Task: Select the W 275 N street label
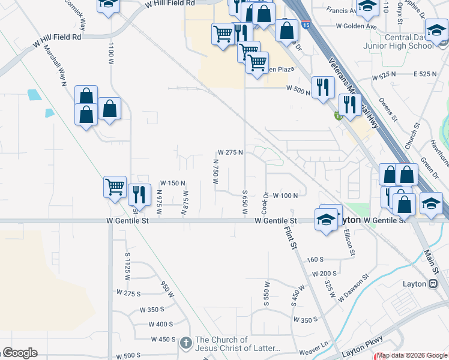tap(230, 152)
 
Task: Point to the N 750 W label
tap(215, 170)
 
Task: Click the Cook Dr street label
tap(265, 203)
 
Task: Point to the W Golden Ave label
tap(356, 26)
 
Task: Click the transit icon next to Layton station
tap(432, 284)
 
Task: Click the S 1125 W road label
tap(127, 263)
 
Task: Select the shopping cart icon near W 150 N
tap(114, 186)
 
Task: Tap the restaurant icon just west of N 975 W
tap(139, 194)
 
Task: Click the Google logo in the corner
tap(19, 353)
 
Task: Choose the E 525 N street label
tap(426, 74)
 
